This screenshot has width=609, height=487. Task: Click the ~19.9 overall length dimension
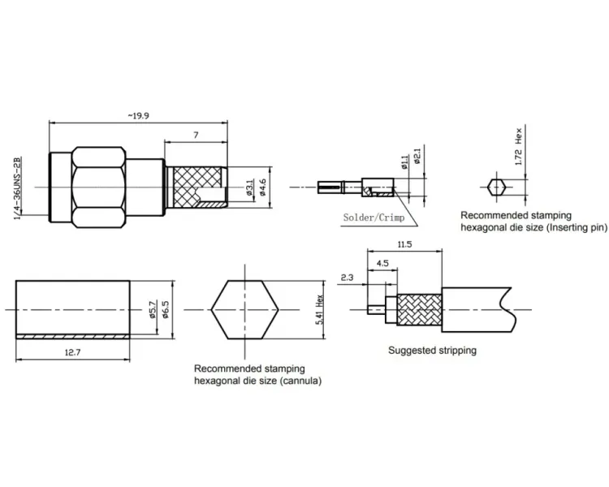click(x=138, y=116)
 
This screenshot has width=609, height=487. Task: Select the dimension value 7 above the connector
click(x=196, y=136)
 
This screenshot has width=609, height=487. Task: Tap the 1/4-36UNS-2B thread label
click(x=17, y=188)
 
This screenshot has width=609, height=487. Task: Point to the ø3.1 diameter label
click(x=249, y=187)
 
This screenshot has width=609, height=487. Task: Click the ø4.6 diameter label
click(x=262, y=187)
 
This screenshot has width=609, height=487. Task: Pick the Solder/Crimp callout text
click(x=374, y=218)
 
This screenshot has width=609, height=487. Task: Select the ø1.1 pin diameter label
click(x=404, y=162)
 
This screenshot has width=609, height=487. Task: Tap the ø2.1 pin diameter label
click(x=417, y=156)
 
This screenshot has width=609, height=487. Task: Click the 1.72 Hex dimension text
click(x=519, y=146)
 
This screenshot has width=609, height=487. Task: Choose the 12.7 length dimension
click(x=72, y=352)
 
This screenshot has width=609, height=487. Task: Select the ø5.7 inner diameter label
click(x=153, y=309)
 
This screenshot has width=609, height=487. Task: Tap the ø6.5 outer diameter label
click(x=166, y=309)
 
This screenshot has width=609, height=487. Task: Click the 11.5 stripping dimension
click(x=404, y=244)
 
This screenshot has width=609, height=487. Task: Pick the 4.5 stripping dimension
click(x=382, y=263)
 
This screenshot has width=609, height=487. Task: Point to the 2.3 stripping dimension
click(x=348, y=278)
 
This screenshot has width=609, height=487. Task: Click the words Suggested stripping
click(x=432, y=351)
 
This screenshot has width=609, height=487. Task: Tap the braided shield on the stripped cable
click(x=419, y=309)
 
